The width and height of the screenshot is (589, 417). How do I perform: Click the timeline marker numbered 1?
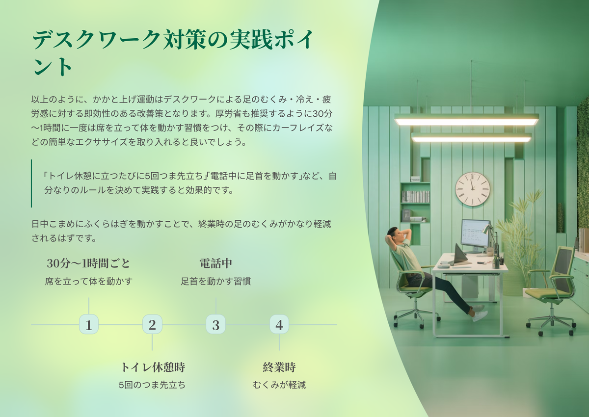(x=89, y=324)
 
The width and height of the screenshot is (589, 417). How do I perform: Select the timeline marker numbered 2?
(x=152, y=324)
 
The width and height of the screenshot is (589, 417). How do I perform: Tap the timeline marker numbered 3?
(x=215, y=324)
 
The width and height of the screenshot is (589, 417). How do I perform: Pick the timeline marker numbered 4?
(x=279, y=324)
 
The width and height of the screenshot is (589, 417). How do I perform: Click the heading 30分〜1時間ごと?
(x=89, y=263)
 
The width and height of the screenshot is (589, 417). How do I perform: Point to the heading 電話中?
(x=216, y=263)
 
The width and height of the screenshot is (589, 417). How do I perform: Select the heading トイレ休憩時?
(x=153, y=367)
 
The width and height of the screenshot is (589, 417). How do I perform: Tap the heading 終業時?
(x=279, y=367)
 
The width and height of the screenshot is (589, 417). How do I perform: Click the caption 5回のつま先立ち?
(x=152, y=385)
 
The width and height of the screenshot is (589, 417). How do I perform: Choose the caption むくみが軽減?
(x=279, y=385)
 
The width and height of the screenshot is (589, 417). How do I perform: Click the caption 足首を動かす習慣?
(x=216, y=282)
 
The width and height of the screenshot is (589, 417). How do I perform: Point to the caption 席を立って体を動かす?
(x=89, y=282)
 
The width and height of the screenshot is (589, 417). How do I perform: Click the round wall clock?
(x=473, y=189)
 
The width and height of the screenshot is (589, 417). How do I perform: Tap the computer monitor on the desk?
(x=476, y=234)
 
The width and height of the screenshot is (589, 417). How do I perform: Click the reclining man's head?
(x=396, y=235)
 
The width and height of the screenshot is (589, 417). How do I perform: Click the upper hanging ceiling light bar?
(x=466, y=119)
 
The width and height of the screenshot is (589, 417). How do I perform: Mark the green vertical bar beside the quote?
(x=31, y=183)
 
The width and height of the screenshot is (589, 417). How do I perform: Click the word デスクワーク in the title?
(x=96, y=40)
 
